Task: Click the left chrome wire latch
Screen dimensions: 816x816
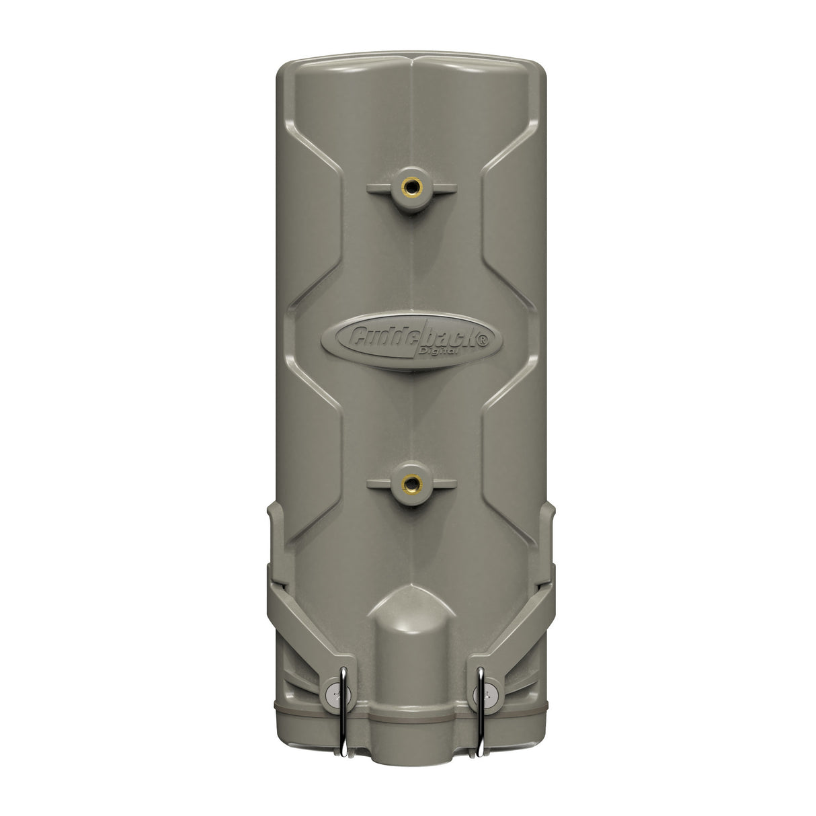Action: click(x=343, y=698)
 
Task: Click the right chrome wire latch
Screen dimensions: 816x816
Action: click(x=481, y=698)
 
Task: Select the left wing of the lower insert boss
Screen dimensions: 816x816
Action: click(x=380, y=482)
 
